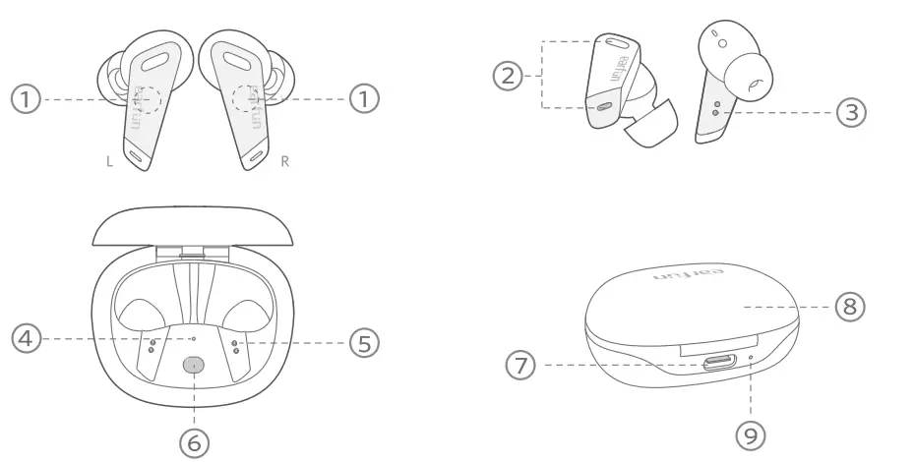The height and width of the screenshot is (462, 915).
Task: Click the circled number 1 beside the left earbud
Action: [x=27, y=98]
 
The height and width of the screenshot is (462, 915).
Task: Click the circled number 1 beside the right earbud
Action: [x=365, y=98]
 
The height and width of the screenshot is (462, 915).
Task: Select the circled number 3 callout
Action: [x=851, y=112]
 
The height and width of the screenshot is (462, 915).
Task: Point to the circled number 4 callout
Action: [x=27, y=338]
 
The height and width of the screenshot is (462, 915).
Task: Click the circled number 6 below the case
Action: [x=195, y=442]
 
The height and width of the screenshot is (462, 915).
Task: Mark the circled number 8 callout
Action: [x=850, y=307]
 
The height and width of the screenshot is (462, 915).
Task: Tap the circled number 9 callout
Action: [x=751, y=433]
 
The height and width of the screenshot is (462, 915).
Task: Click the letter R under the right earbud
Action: [x=285, y=161]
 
